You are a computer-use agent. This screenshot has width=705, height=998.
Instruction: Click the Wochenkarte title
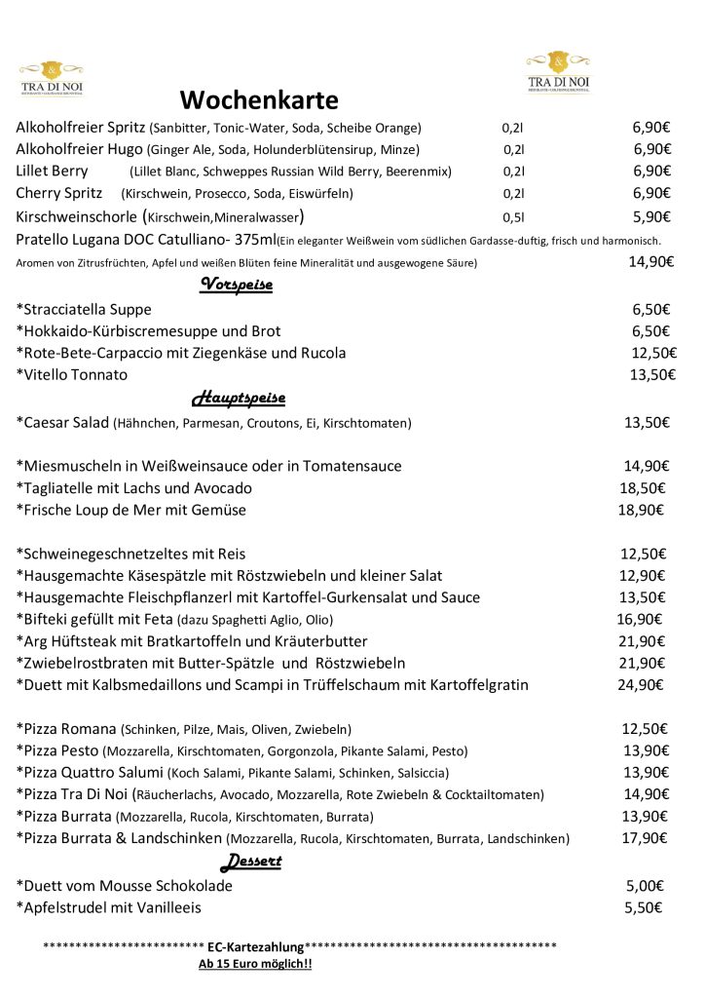pos(258,100)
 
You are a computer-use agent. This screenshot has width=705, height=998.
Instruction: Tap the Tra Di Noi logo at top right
pos(558,71)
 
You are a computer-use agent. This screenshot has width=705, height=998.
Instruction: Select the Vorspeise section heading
pos(236,285)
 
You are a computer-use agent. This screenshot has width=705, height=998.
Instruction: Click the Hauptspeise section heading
pos(238,398)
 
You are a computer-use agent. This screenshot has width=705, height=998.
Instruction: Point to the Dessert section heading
pos(250,861)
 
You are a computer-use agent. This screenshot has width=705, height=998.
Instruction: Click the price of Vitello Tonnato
pos(652,374)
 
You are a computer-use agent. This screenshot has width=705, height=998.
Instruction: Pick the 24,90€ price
pos(640,684)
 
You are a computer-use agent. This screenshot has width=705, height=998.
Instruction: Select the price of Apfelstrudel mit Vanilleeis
pos(644,906)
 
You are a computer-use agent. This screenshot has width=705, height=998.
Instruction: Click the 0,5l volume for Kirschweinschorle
pos(513,217)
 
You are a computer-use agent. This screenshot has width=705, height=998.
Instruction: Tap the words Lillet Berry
pos(52,171)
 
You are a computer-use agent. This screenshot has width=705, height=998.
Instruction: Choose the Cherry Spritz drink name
pos(59,193)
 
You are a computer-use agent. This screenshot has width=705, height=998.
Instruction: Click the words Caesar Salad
pos(63,423)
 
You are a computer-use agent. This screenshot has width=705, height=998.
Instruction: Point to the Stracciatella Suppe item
pos(84,309)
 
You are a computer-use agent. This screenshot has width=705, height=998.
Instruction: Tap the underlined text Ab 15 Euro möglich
pos(255,964)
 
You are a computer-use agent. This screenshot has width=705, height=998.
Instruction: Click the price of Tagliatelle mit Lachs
pos(642,487)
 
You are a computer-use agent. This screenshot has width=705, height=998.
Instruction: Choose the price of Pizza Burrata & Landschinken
pos(644,838)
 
